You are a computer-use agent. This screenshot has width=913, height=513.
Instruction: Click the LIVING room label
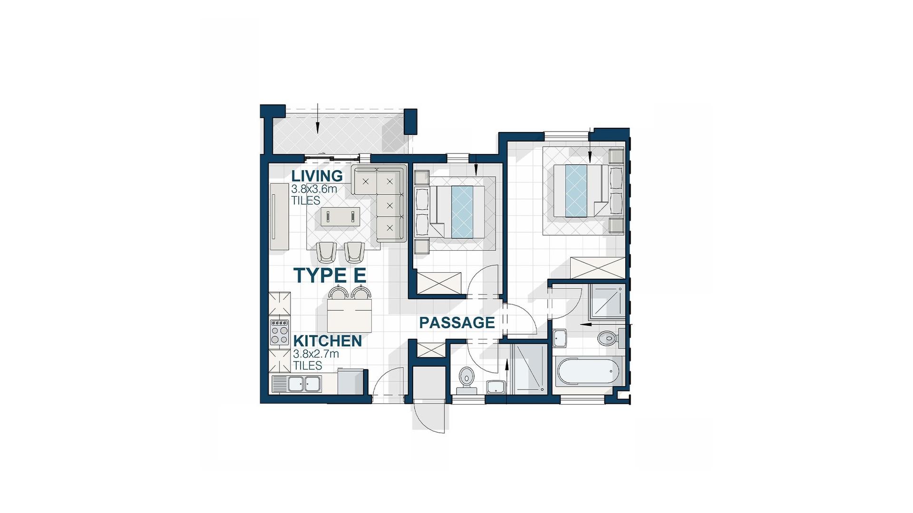pyautogui.click(x=317, y=176)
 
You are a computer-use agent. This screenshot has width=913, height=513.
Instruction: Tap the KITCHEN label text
pyautogui.click(x=328, y=341)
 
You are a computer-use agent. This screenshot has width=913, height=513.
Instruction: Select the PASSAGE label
pyautogui.click(x=457, y=323)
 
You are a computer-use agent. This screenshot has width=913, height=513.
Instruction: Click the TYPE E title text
pyautogui.click(x=330, y=275)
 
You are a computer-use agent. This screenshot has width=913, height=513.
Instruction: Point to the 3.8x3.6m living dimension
pyautogui.click(x=314, y=189)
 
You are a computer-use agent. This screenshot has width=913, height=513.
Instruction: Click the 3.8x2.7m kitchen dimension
pyautogui.click(x=316, y=354)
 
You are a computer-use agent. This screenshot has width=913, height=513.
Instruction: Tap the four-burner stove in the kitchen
pyautogui.click(x=280, y=332)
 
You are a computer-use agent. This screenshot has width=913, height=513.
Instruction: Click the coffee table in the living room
pyautogui.click(x=340, y=217)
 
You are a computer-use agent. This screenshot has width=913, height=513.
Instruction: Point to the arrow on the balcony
pyautogui.click(x=317, y=118)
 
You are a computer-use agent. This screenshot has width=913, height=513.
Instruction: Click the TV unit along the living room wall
pyautogui.click(x=280, y=216)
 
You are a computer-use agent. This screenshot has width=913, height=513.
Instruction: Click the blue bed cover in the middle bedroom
pyautogui.click(x=463, y=212)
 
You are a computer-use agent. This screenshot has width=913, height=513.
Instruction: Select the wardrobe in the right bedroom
pyautogui.click(x=598, y=268)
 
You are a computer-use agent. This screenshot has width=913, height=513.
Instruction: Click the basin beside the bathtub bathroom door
pyautogui.click(x=560, y=339)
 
